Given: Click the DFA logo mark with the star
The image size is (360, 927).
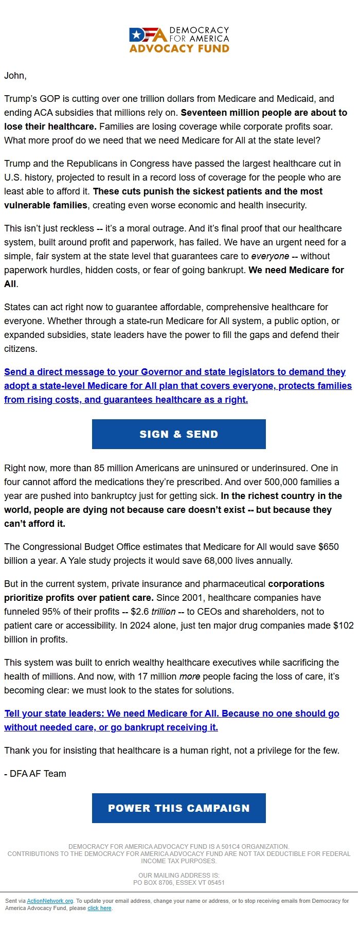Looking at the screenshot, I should [148, 34].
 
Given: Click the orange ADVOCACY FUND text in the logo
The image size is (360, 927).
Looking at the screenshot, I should [179, 49].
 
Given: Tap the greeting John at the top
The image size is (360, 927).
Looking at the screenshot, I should [15, 76].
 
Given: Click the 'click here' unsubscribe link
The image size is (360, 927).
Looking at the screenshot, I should [99, 908].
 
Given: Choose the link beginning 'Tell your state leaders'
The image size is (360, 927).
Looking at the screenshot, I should [172, 720].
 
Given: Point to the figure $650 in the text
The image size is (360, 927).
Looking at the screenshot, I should [328, 546].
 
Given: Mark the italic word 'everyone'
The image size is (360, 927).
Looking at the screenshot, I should [270, 256].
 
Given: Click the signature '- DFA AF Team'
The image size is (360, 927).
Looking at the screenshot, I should [35, 774].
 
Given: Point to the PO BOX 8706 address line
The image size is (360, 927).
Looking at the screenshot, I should [179, 882].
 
